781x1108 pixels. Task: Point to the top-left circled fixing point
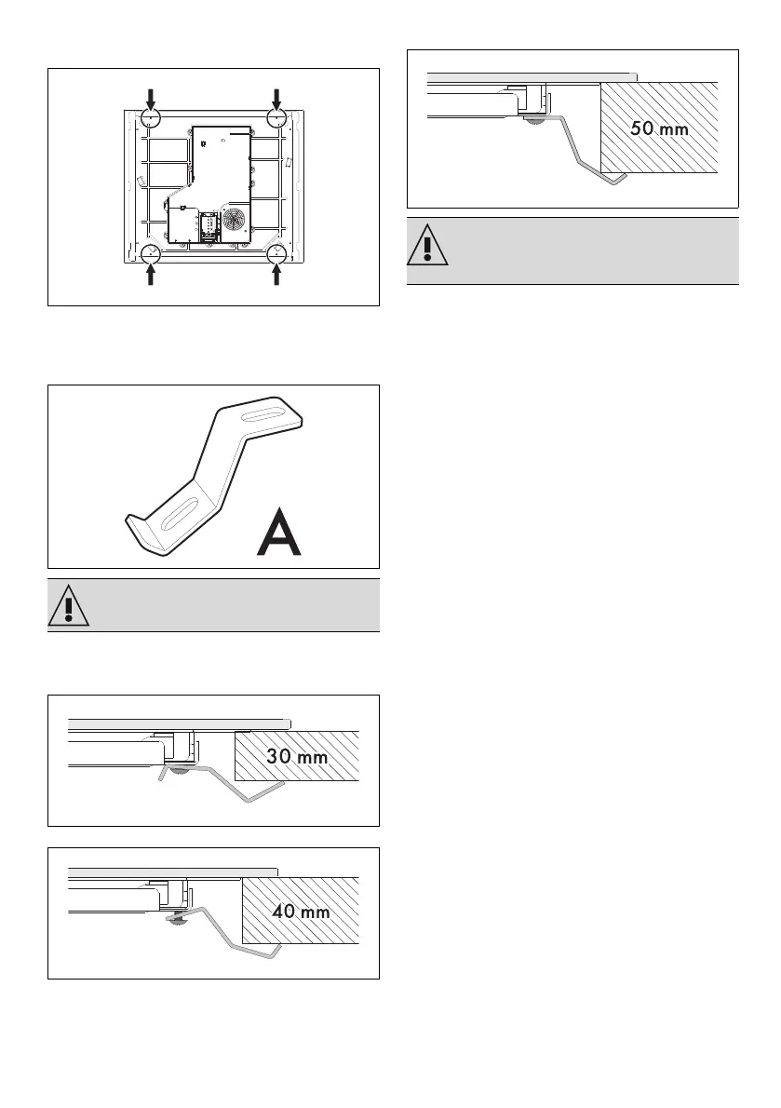coord(152,118)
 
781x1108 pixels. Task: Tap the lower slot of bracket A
coord(178,512)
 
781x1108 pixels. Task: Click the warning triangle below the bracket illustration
coord(65,606)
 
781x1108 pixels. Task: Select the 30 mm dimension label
coord(297,757)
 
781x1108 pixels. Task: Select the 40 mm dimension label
coord(301,912)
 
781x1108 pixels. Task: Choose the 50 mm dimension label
coord(659,129)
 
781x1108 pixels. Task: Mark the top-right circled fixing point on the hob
coord(276,118)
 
